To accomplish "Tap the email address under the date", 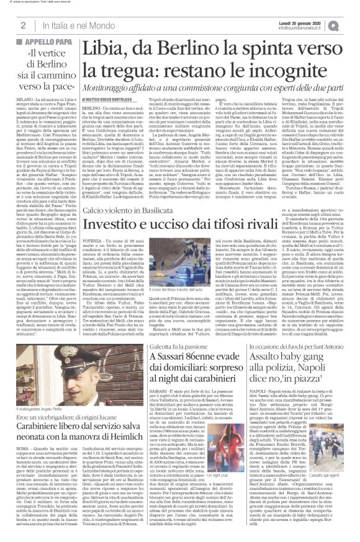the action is point(313,29).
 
